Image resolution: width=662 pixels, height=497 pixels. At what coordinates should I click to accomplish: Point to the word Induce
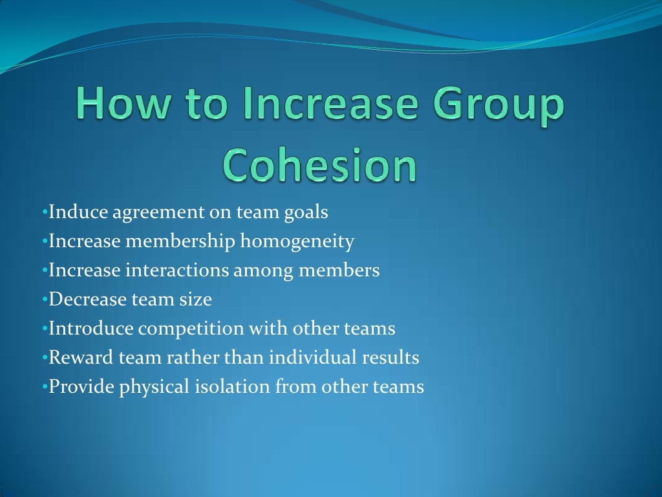pos(74,212)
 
